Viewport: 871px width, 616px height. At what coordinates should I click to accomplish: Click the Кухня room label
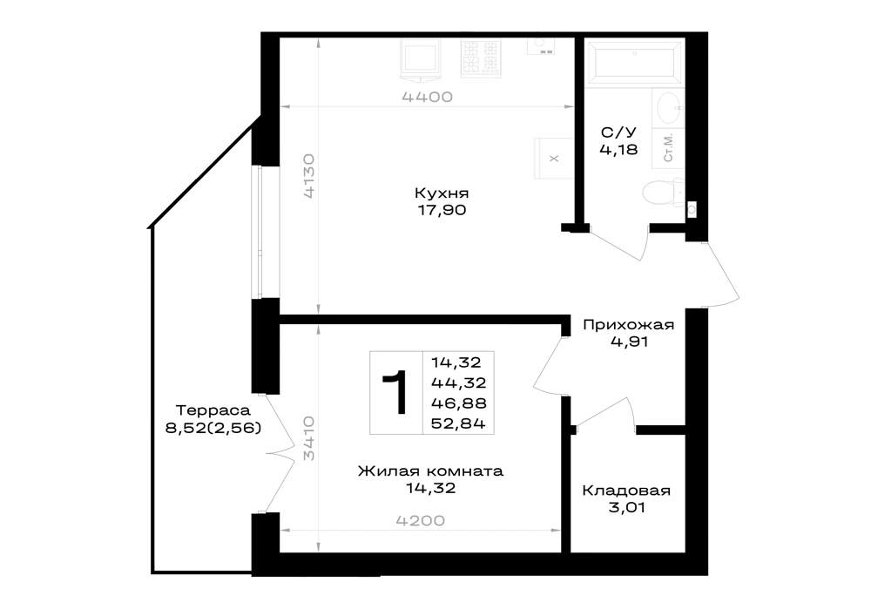click(x=442, y=193)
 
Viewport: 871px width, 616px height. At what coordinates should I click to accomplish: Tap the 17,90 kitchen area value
click(x=442, y=210)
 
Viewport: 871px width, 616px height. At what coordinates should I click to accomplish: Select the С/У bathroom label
click(x=618, y=132)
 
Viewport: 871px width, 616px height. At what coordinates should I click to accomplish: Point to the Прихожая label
click(x=628, y=325)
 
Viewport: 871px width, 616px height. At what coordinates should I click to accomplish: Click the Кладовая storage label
click(x=626, y=491)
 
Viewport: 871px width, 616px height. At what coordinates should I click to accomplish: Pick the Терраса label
click(x=213, y=410)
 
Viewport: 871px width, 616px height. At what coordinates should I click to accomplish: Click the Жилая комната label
click(x=430, y=471)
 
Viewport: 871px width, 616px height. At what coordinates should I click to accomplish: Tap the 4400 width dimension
click(x=427, y=98)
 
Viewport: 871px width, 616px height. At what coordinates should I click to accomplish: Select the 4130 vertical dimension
click(x=309, y=176)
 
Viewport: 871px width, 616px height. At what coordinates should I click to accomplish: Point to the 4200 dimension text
click(x=421, y=521)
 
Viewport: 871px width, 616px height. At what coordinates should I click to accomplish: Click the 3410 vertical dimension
click(x=309, y=438)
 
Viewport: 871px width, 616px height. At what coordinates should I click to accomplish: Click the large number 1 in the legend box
click(x=395, y=393)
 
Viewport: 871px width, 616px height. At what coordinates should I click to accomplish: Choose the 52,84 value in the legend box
click(x=459, y=423)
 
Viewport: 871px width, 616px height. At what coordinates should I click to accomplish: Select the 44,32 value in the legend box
click(x=459, y=382)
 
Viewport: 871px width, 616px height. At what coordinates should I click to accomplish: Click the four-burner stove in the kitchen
click(x=481, y=57)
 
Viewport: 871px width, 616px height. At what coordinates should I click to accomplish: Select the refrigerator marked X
click(x=554, y=159)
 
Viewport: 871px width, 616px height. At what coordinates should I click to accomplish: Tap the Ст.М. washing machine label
click(x=668, y=147)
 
